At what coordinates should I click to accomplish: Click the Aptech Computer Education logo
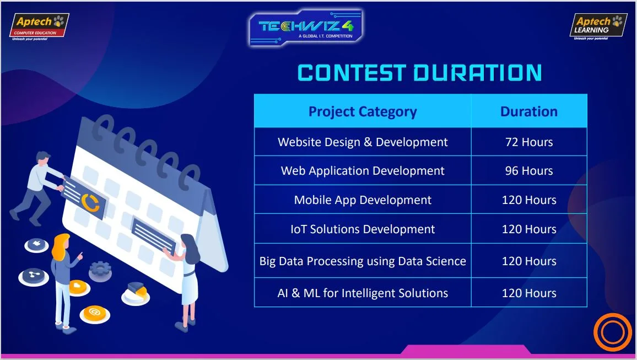point(40,27)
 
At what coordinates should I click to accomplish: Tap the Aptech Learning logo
point(598,27)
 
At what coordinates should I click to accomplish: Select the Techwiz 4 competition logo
point(305,27)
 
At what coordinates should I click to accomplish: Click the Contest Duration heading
point(420,73)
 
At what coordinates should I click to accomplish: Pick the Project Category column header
point(363,111)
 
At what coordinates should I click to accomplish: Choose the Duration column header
point(529,111)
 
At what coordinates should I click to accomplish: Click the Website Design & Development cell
point(363,142)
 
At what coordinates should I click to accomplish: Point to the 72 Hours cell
point(529,142)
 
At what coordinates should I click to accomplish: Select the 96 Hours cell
point(529,171)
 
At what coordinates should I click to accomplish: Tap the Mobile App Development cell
point(363,200)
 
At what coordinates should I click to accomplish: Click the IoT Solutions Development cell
point(363,229)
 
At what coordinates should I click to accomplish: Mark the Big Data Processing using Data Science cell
point(363,261)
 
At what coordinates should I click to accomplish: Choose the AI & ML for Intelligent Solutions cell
point(363,293)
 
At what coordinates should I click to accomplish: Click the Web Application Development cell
point(363,171)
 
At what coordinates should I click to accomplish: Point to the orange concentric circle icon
point(613,332)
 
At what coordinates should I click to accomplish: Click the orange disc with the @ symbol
point(95,314)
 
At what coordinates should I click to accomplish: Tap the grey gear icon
point(100,271)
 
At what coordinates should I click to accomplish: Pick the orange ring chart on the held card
point(90,203)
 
